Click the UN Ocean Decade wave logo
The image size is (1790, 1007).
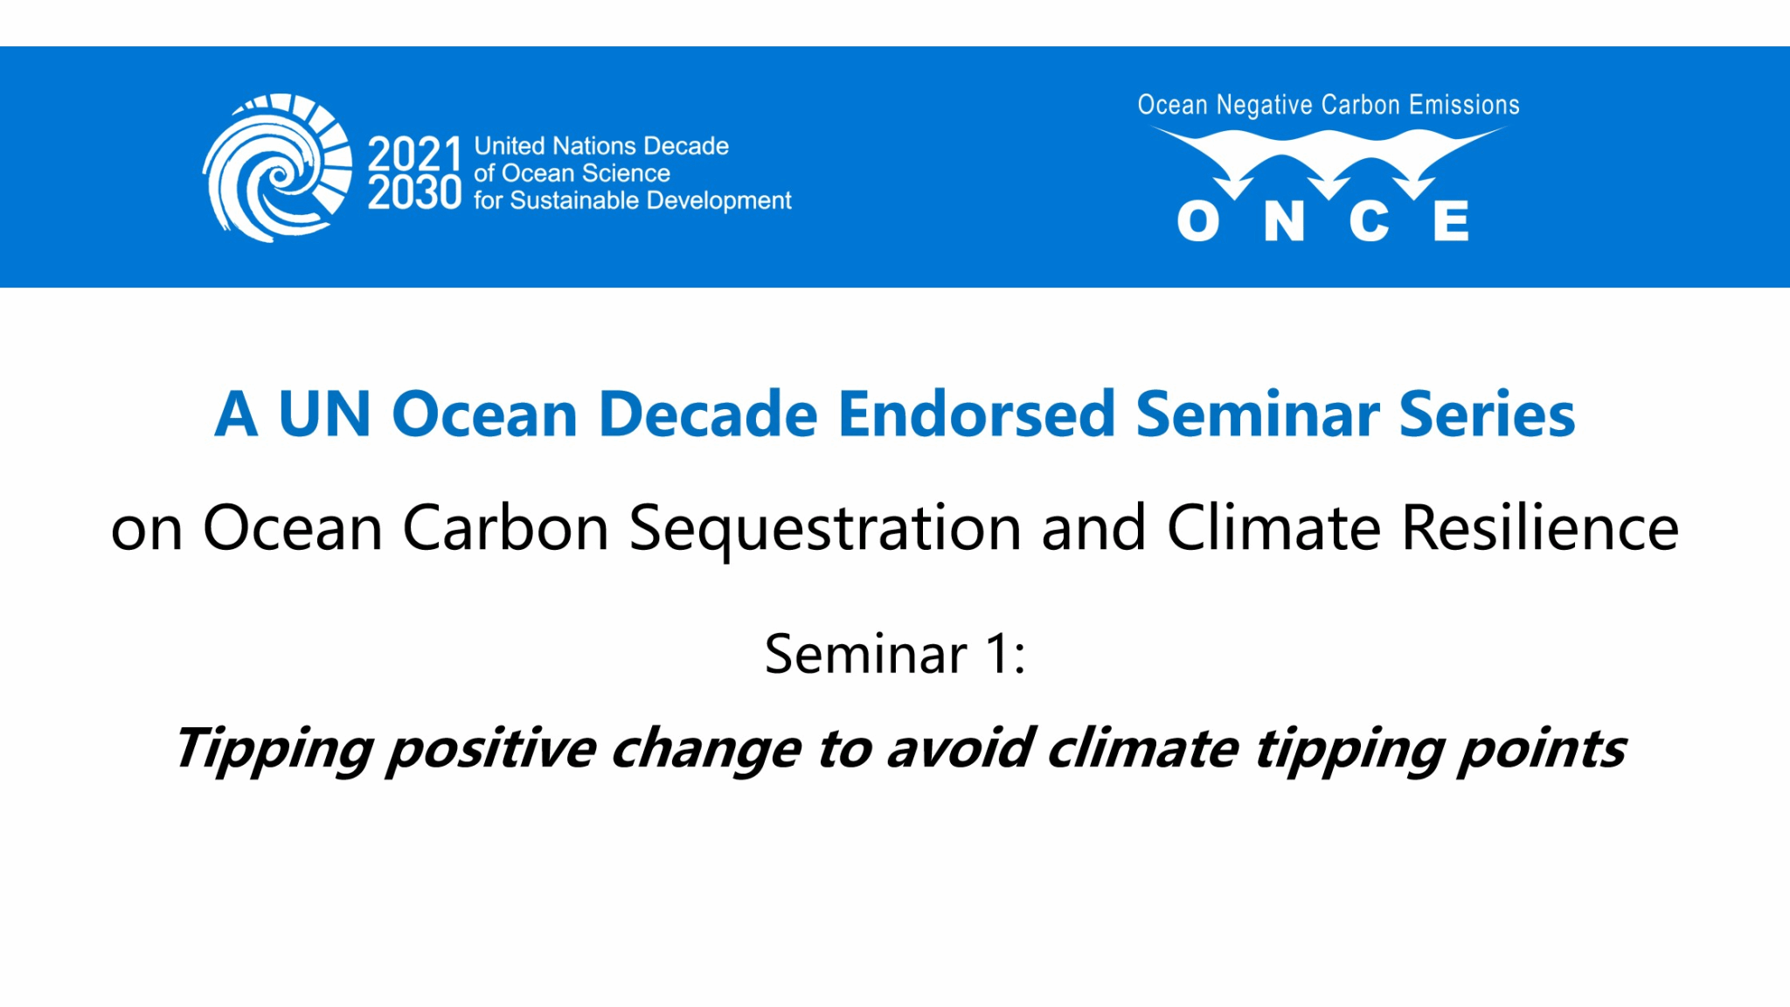[x=278, y=168]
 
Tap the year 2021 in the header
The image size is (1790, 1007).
[x=414, y=154]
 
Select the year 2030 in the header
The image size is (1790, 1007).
[x=414, y=192]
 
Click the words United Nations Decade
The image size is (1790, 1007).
[x=601, y=146]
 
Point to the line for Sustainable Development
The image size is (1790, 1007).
[x=633, y=200]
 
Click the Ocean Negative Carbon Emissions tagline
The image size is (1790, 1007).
[x=1329, y=105]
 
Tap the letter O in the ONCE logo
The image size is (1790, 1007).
[x=1198, y=221]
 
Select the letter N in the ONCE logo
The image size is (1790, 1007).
[x=1284, y=221]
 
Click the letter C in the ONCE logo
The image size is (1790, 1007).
[x=1369, y=221]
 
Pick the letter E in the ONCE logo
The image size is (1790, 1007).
[x=1451, y=221]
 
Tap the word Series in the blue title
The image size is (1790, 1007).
[x=1487, y=413]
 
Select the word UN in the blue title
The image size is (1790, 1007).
[x=324, y=413]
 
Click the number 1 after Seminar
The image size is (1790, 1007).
[x=996, y=654]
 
